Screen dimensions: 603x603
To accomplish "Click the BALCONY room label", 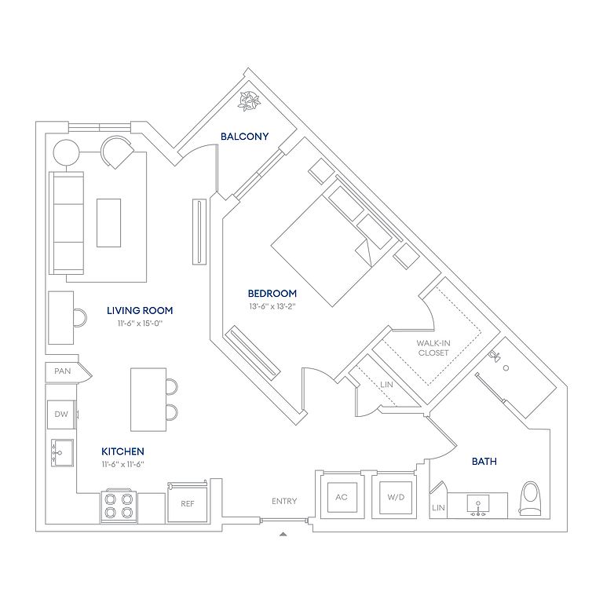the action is pos(245,136).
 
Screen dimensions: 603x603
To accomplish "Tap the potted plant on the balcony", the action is pos(249,101).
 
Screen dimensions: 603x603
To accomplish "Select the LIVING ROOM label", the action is pos(140,311).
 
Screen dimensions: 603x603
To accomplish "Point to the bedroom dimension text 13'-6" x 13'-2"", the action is pos(272,306).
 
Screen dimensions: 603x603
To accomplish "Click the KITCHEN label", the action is pos(122,451).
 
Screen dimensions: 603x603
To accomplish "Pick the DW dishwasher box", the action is pos(61,415).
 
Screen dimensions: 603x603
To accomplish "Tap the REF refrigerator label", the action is pos(188,504).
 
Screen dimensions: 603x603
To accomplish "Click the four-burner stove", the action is pos(119,506).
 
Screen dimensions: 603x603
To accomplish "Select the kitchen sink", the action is pos(62,453).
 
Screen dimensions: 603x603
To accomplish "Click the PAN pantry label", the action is pos(62,371).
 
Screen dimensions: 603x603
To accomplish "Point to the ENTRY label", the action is pos(284,501).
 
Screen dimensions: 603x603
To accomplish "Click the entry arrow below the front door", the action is pos(283,534).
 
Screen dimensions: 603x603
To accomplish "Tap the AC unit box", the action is pos(342,497).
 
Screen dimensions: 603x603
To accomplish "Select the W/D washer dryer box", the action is pos(396,497).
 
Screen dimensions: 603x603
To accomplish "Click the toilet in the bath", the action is pos(531,499).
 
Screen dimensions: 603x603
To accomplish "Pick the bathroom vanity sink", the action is pos(478,506).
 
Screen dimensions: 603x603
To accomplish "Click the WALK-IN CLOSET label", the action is pos(433,348).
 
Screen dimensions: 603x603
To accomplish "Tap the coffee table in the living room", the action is pos(109,223).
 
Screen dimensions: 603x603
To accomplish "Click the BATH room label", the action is pos(484,461).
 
